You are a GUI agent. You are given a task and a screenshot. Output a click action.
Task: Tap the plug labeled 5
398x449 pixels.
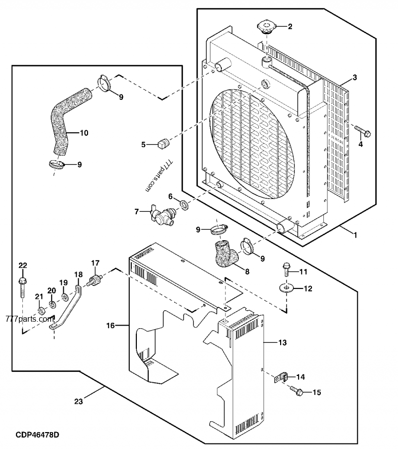[x=162, y=144]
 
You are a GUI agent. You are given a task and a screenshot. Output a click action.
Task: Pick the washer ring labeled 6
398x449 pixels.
[x=183, y=203]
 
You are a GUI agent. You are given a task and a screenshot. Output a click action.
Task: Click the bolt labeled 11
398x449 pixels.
[x=286, y=268]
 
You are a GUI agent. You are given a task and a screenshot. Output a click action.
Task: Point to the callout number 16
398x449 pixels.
[x=110, y=325]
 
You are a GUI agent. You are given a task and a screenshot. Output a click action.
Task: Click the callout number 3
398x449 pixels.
[x=354, y=77]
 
